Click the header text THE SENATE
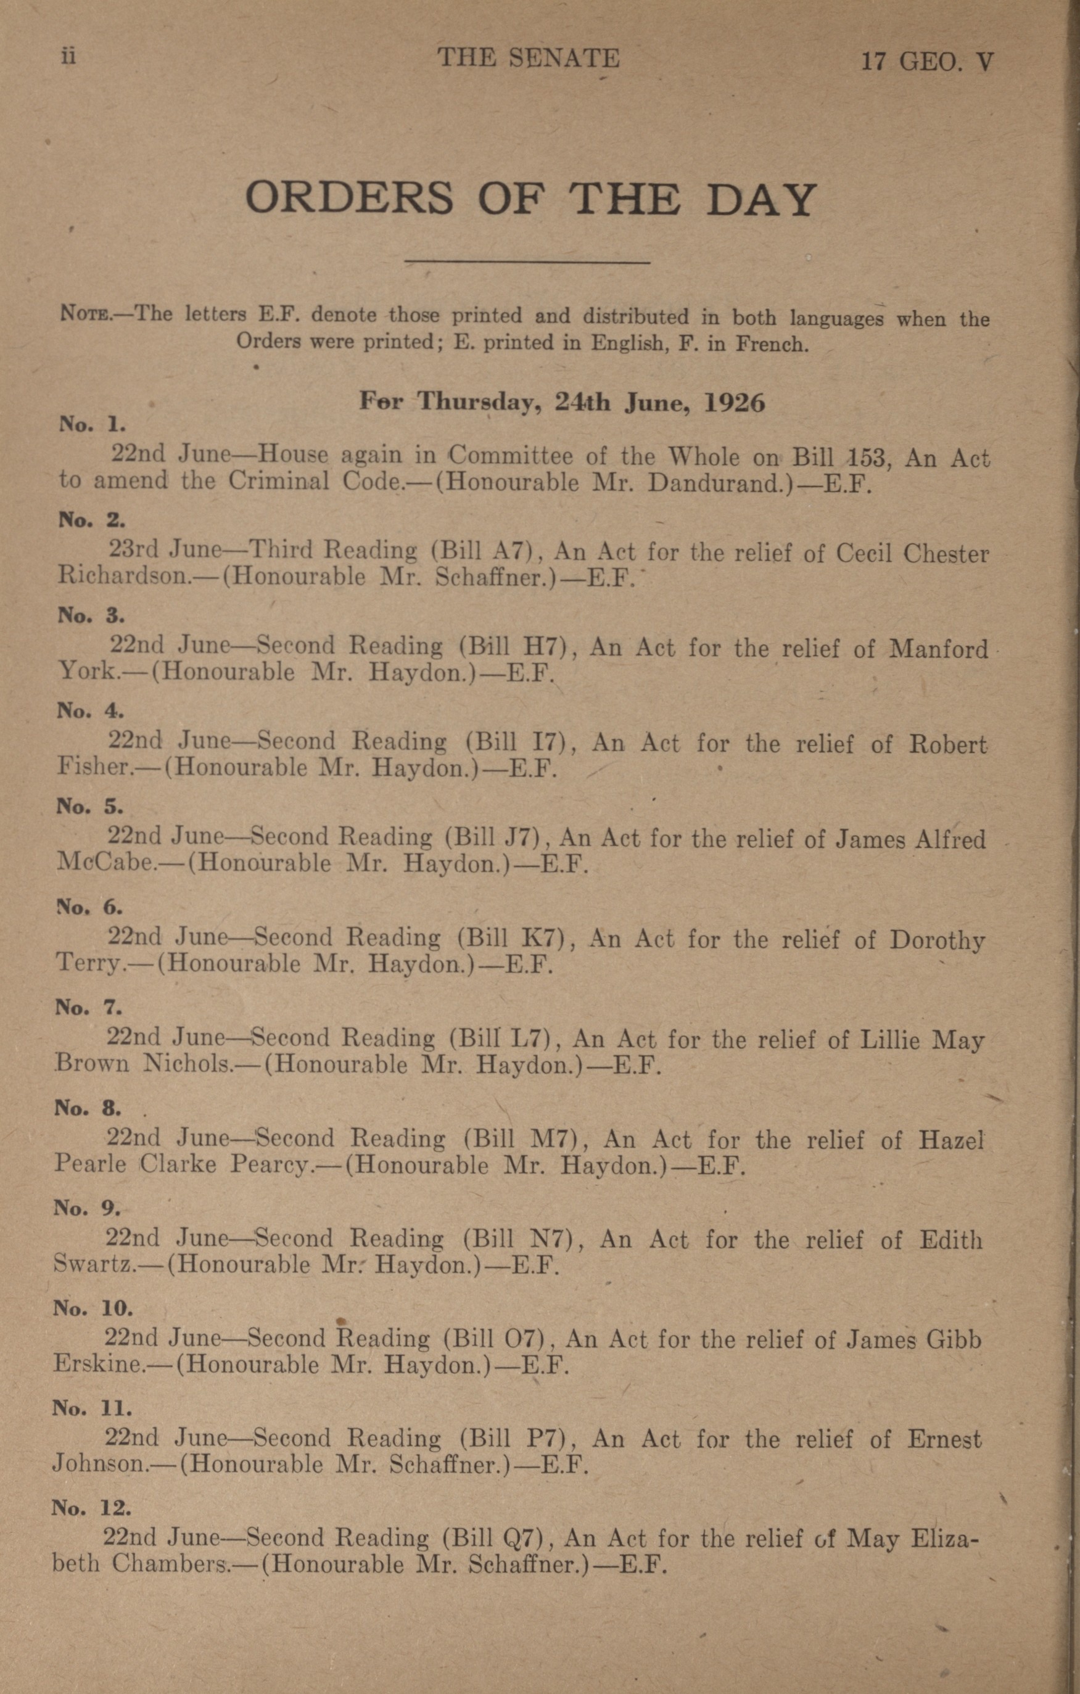528,59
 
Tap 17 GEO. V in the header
927,62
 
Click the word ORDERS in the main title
349,199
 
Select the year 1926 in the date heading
735,403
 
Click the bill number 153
870,458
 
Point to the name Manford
939,648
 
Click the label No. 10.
93,1309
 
